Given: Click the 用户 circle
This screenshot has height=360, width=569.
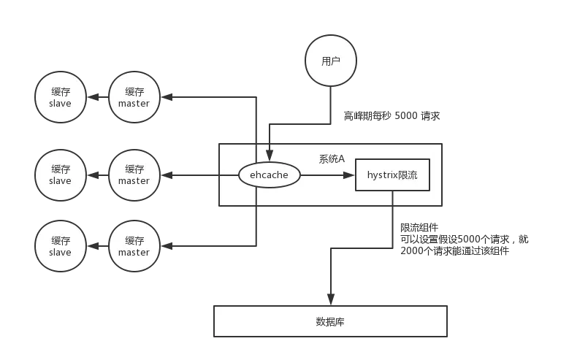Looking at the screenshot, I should (x=331, y=61).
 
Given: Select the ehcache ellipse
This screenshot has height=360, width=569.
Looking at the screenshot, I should (x=270, y=175).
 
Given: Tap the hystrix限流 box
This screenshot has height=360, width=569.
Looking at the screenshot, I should (x=392, y=175).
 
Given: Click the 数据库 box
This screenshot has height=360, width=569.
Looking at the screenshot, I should (x=330, y=321).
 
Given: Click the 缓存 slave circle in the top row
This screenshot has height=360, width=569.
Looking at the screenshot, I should (x=61, y=96).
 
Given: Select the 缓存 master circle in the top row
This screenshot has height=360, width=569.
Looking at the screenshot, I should (x=134, y=96).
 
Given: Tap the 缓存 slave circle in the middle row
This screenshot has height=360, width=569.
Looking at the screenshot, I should (x=61, y=175).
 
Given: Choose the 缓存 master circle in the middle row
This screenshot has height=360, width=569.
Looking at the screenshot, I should (x=134, y=175).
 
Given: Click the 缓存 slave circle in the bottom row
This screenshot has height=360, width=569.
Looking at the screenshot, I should (x=61, y=246).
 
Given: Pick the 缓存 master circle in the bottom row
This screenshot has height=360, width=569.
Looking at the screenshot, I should (x=134, y=246).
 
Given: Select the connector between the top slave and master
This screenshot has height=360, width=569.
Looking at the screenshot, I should (x=97, y=96).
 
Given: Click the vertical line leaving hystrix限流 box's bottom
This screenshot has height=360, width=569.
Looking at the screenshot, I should (x=393, y=219).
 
